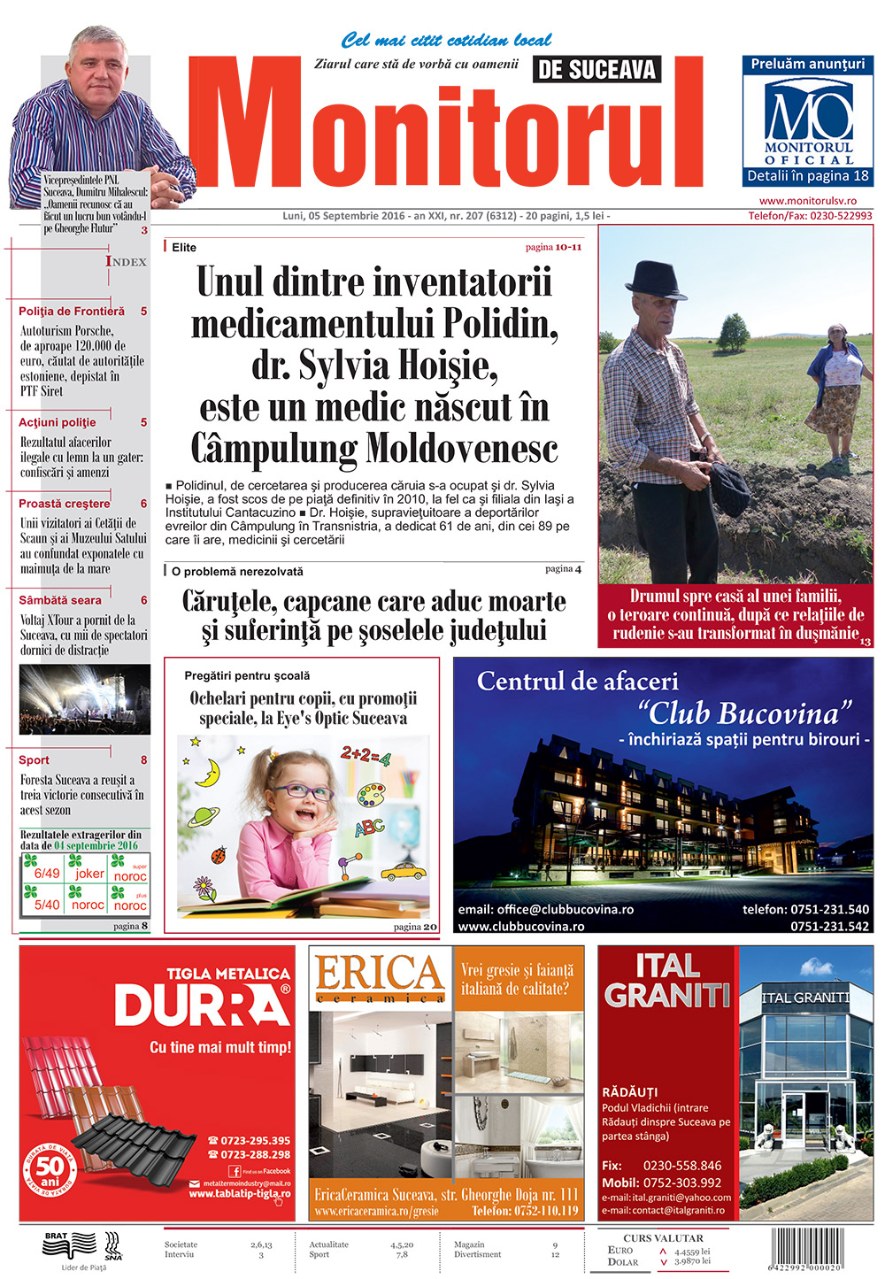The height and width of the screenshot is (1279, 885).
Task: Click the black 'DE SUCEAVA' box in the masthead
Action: pos(596,70)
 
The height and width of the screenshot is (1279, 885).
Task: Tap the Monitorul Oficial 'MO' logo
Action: pos(808,112)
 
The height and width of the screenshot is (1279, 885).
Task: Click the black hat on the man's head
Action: pos(654,279)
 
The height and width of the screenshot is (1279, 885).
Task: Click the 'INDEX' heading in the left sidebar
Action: pos(127,261)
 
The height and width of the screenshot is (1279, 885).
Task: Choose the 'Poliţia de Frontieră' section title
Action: pos(72,312)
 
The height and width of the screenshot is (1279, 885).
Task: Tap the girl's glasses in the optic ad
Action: pos(302,791)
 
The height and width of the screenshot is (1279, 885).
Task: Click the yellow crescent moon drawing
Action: pos(209,772)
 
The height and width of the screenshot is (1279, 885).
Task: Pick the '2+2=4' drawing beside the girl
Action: pos(366,757)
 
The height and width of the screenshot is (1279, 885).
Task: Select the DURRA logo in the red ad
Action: pos(202,1005)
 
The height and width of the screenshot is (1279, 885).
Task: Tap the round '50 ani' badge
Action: pos(50,1173)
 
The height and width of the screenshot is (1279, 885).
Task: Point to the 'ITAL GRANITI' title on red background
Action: pos(666,980)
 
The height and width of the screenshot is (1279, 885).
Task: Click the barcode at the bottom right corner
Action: pos(820,1249)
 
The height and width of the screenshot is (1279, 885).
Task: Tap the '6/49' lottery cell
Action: pos(47,874)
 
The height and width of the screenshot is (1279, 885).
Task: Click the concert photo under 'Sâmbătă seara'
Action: pos(85,699)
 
